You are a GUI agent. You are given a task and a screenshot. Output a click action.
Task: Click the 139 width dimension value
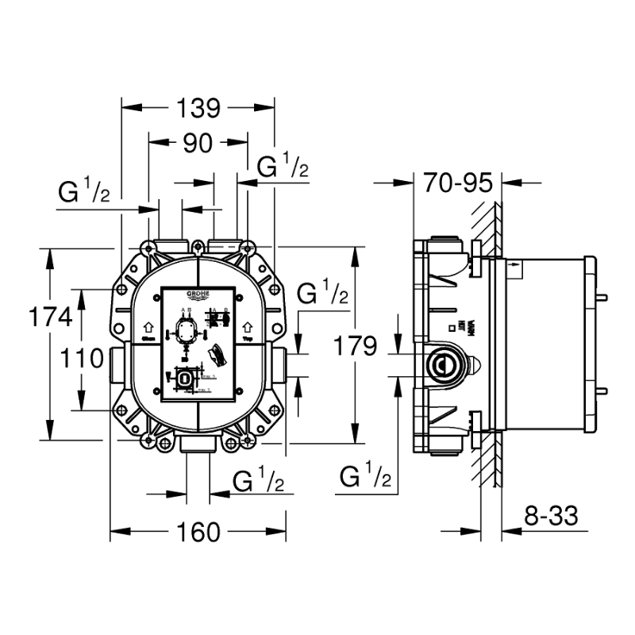pos(197,106)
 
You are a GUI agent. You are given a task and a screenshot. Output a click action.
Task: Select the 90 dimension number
pos(197,143)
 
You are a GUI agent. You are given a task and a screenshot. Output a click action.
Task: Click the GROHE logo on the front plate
pos(198,294)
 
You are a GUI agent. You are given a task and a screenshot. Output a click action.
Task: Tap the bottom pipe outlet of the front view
pos(197,445)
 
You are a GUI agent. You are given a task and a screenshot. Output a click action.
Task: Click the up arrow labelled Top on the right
pos(248,327)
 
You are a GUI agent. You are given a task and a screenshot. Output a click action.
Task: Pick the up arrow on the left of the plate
pos(147,327)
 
